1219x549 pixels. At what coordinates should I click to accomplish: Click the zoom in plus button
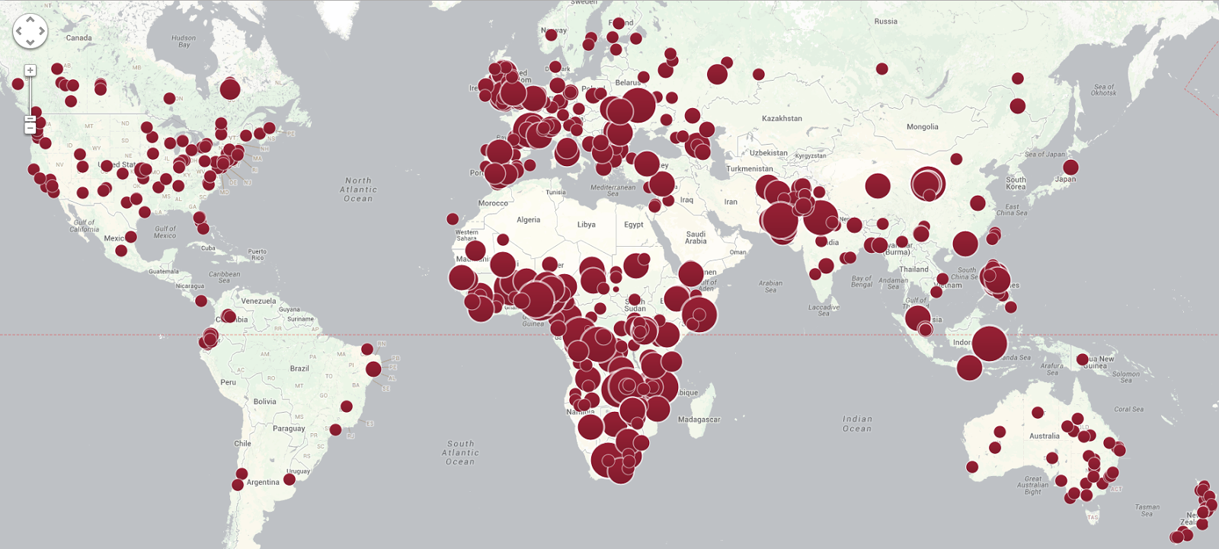click(x=30, y=71)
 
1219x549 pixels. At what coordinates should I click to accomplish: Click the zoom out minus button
click(x=30, y=127)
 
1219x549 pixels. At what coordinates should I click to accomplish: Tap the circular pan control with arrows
click(x=30, y=31)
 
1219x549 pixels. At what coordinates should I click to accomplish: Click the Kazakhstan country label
click(x=782, y=119)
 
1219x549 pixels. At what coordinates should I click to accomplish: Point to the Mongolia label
click(x=922, y=127)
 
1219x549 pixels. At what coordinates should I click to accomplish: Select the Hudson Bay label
click(x=184, y=41)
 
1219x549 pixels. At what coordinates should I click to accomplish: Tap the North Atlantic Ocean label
click(x=358, y=190)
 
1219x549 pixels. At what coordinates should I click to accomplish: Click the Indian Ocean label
click(x=857, y=423)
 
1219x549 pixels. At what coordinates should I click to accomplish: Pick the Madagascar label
click(x=699, y=420)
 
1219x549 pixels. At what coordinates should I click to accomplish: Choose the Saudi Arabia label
click(x=696, y=238)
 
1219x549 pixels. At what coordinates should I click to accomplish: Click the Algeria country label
click(x=528, y=220)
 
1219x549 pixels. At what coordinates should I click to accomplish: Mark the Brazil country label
click(x=299, y=369)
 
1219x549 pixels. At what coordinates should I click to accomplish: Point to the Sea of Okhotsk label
click(x=1103, y=90)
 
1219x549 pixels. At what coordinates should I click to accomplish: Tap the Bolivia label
click(x=264, y=401)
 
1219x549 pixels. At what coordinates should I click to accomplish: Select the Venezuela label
click(x=258, y=301)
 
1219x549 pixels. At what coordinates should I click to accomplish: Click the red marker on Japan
click(x=1070, y=168)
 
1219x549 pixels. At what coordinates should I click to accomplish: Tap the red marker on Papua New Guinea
click(x=1082, y=359)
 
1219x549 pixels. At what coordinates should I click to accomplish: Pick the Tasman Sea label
click(x=1147, y=510)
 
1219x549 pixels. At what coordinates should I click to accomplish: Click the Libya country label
click(x=586, y=225)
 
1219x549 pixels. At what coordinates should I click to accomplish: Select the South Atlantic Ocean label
click(x=460, y=452)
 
